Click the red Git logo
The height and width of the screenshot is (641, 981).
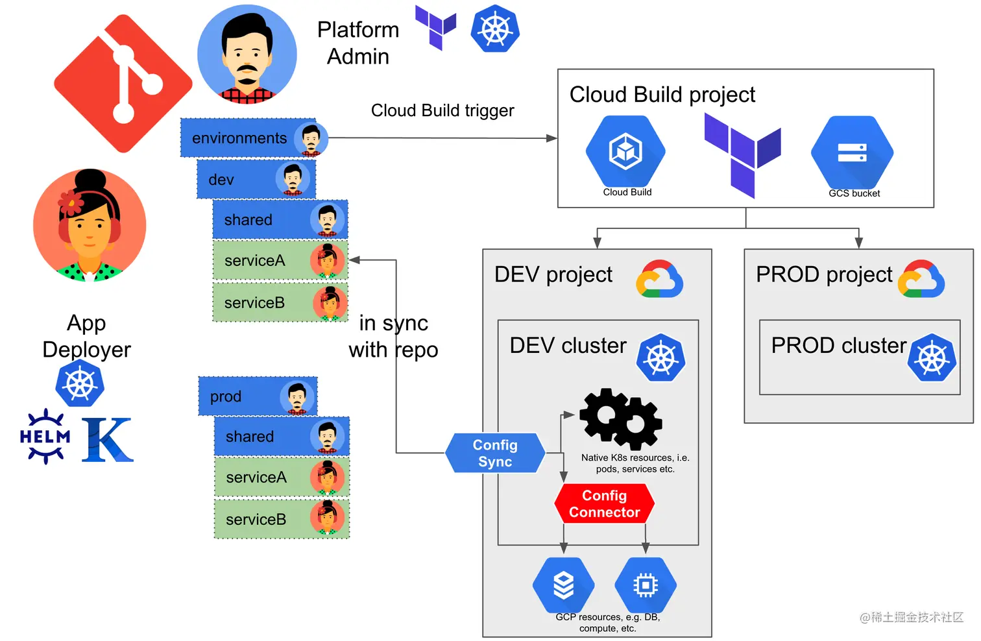tap(123, 84)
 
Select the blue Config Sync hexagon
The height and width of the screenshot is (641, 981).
tap(495, 453)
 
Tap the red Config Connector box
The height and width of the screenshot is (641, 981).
tap(604, 503)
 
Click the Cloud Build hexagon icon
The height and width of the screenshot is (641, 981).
tap(625, 152)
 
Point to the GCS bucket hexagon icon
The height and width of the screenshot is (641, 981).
tap(852, 153)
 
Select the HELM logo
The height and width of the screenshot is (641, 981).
tap(45, 437)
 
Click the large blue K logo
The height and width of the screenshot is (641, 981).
tap(107, 440)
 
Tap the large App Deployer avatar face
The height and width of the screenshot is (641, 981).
tap(90, 225)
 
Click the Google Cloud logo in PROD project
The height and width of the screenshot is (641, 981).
tap(921, 279)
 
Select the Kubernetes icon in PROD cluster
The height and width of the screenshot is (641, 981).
tap(932, 357)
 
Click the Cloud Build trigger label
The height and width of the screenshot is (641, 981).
tap(442, 111)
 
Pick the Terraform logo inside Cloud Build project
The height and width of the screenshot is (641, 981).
tap(742, 154)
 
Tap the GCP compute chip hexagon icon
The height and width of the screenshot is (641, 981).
tap(645, 585)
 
